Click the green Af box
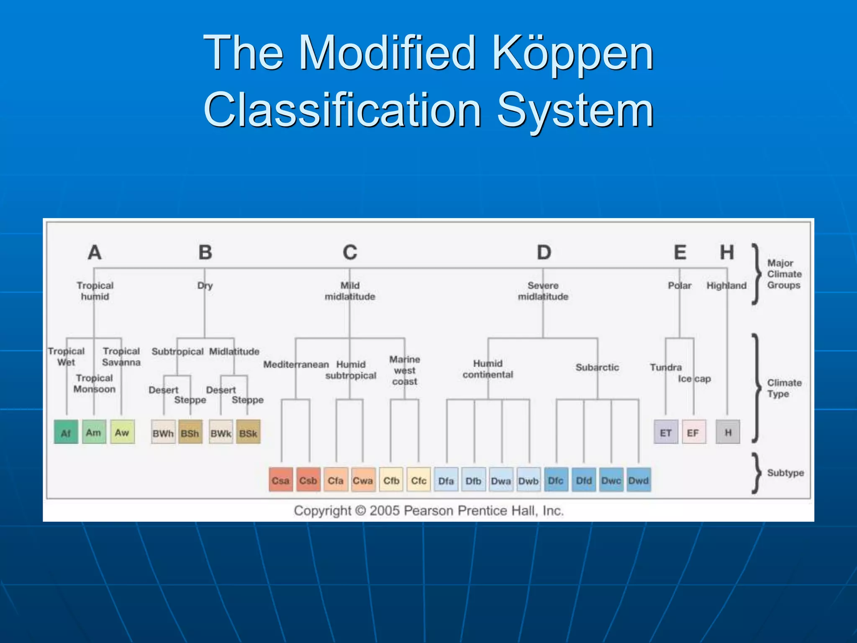point(66,432)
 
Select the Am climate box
point(94,432)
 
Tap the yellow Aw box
point(122,432)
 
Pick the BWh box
point(163,433)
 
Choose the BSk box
point(248,433)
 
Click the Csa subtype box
point(280,480)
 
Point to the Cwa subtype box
point(363,480)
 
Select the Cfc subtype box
point(418,480)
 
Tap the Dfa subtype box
point(446,480)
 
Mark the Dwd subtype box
point(639,480)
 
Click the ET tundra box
point(666,432)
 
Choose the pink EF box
point(693,432)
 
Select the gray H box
point(728,432)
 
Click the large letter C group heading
point(350,252)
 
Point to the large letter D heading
point(544,252)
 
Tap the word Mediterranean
point(296,365)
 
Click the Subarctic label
point(597,368)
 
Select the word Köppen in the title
point(572,54)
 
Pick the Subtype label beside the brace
point(785,473)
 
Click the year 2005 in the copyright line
point(385,511)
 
